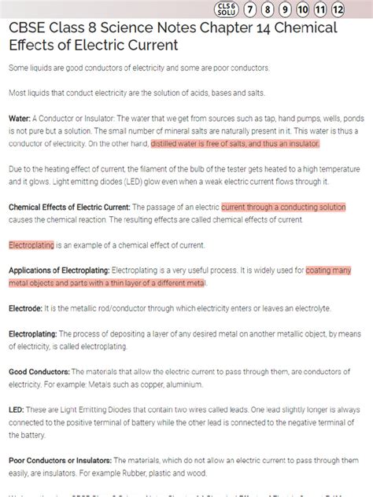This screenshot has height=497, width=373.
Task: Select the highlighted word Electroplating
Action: point(31,245)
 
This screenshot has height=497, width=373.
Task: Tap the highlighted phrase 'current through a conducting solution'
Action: point(283,207)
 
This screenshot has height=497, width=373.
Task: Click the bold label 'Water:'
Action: point(20,118)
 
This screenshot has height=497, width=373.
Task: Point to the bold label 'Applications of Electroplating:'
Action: point(59,270)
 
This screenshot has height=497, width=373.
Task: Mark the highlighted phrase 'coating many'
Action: point(329,270)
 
